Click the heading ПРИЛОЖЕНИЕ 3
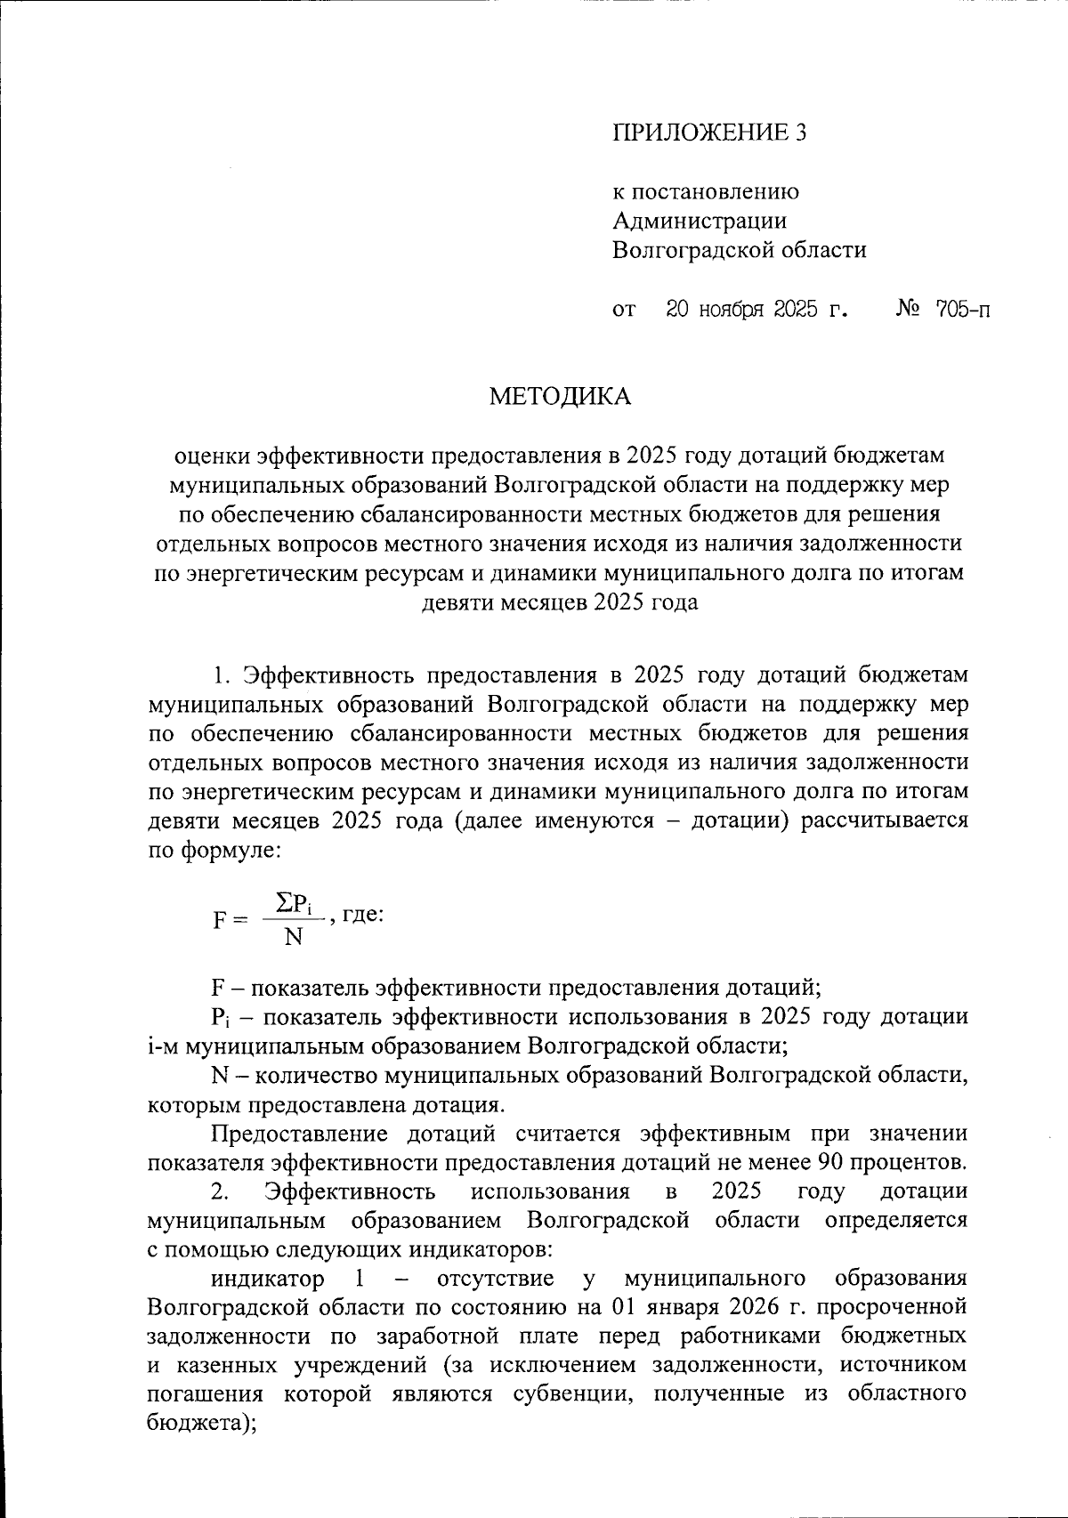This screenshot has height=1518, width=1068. (708, 133)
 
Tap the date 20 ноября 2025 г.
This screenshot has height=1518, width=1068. (756, 311)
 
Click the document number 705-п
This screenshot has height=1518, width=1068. (962, 311)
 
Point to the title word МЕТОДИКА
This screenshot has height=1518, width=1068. (560, 397)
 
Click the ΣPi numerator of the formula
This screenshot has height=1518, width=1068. (295, 904)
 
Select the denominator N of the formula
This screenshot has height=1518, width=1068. (293, 937)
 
